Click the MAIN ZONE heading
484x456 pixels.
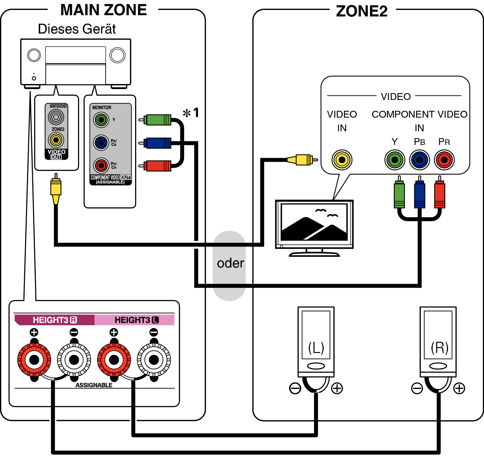103,10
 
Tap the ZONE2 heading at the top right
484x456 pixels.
361,11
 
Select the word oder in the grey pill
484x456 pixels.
230,263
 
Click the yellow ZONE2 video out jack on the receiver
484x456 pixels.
56,140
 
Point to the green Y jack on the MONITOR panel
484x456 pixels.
101,120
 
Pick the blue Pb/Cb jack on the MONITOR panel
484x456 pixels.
101,143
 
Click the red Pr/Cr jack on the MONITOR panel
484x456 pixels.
101,165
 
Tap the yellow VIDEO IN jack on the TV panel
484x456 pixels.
342,160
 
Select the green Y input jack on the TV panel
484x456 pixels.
394,160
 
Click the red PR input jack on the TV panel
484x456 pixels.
444,160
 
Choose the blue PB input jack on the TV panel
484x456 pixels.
419,160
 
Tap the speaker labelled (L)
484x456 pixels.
316,341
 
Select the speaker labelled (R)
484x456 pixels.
438,341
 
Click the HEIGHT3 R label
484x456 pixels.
55,320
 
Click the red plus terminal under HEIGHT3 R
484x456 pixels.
34,360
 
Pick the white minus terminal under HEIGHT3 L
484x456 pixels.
154,360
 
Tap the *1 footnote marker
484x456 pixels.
191,113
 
